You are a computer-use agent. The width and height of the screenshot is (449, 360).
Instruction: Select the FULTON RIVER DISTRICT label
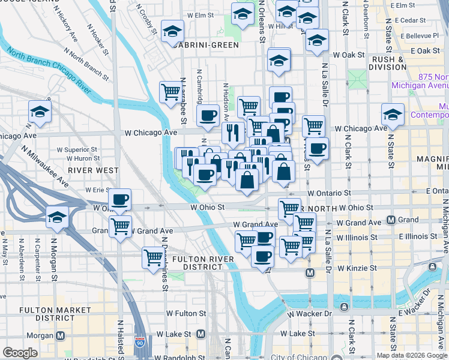click(x=198, y=263)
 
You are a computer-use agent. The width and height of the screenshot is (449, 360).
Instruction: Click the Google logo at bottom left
click(x=20, y=353)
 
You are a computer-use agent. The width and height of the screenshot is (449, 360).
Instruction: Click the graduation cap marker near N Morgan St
click(x=57, y=217)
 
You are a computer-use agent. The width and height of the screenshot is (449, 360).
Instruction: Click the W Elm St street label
click(x=200, y=14)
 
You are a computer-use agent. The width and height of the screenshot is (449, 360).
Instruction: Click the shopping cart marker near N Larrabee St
click(x=170, y=92)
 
